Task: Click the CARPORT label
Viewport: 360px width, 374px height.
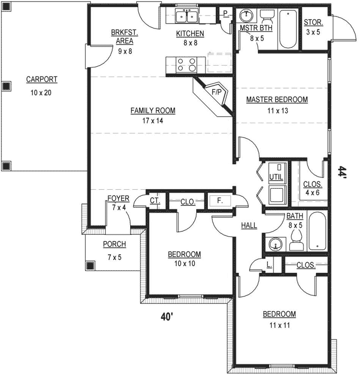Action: click(x=42, y=79)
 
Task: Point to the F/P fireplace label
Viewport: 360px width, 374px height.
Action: click(x=217, y=93)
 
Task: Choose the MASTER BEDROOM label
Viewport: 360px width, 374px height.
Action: click(x=276, y=100)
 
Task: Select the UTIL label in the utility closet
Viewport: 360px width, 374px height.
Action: click(x=276, y=177)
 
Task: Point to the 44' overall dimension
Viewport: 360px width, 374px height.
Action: click(x=341, y=172)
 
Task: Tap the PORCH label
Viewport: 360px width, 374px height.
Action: click(x=114, y=244)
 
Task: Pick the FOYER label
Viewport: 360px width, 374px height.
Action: click(x=118, y=198)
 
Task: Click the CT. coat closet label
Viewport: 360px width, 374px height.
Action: click(x=155, y=201)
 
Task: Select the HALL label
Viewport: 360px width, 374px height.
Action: click(x=249, y=226)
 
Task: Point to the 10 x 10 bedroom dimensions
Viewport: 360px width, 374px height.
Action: click(x=184, y=263)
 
